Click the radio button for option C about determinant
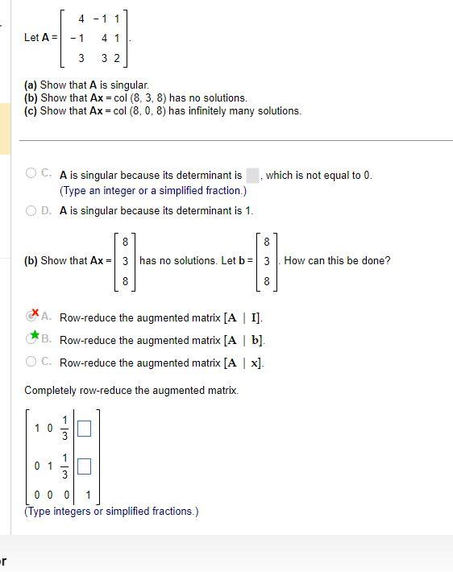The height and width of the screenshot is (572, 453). click(x=31, y=172)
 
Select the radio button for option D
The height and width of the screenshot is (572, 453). click(x=31, y=211)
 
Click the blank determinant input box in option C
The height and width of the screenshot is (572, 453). click(x=252, y=175)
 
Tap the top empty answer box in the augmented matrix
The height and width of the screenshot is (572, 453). click(x=84, y=429)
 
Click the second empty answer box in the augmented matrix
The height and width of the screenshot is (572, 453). click(x=84, y=466)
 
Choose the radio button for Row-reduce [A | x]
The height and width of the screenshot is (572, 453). click(x=31, y=363)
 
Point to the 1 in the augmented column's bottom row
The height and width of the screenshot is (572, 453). click(x=88, y=495)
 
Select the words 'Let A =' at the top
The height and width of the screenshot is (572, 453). click(x=41, y=38)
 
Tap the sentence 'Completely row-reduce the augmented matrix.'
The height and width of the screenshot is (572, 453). click(x=131, y=390)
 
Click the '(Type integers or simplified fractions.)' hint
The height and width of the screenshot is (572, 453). click(x=111, y=511)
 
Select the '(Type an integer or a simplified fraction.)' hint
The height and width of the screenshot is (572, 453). click(x=153, y=191)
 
